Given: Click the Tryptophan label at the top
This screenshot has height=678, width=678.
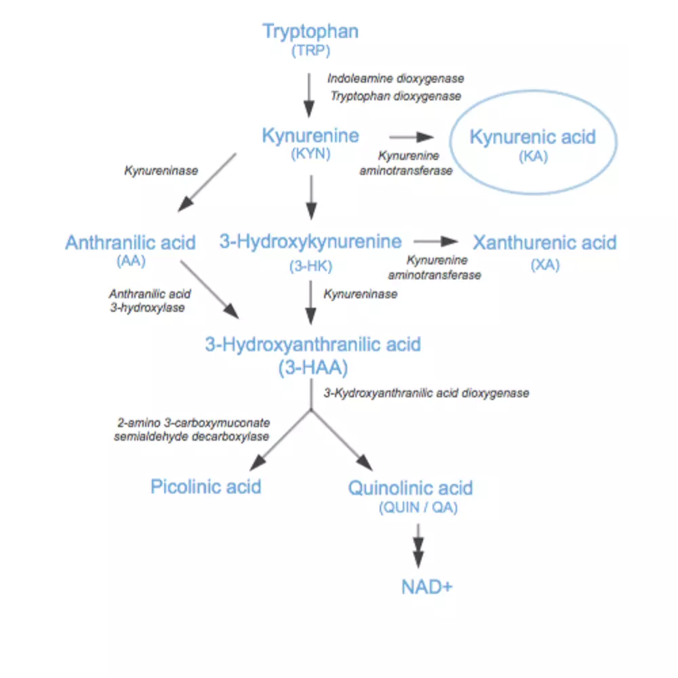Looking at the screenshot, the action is [x=311, y=32].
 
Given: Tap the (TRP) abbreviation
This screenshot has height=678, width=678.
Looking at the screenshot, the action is [x=311, y=51].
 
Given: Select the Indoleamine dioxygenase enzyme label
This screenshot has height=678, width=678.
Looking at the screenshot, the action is [x=396, y=79].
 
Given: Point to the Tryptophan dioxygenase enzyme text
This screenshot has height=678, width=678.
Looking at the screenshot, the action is [x=396, y=96].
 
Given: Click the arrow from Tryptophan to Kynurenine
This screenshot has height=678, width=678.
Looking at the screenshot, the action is [x=308, y=95].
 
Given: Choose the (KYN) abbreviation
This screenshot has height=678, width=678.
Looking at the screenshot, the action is [x=311, y=153].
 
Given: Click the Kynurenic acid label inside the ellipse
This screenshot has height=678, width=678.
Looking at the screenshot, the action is [x=533, y=137].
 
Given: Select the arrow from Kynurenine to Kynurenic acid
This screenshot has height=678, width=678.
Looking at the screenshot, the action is [x=412, y=137].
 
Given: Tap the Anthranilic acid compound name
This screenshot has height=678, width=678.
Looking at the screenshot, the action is [x=131, y=243].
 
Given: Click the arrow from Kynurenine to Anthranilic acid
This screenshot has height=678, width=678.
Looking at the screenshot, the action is [x=207, y=182].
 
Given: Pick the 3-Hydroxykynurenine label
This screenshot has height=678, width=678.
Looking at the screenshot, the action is [x=311, y=242].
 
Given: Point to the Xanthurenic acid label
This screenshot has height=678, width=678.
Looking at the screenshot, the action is [x=545, y=243].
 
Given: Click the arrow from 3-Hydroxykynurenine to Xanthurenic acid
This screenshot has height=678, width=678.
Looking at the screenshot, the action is [x=435, y=241].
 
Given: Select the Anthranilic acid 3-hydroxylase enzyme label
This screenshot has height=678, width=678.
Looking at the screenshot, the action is [x=149, y=301].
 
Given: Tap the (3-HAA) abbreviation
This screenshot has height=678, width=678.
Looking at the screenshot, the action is [x=313, y=367].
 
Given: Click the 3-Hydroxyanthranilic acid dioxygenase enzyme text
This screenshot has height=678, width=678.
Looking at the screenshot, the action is [x=426, y=393].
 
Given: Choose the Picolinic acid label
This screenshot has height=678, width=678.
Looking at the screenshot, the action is [x=206, y=487].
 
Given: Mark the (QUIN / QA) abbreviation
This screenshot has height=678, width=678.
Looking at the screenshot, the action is [x=418, y=507].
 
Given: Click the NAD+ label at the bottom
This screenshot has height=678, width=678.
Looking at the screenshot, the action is [x=426, y=587].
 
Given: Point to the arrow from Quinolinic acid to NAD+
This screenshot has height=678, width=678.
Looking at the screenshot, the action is [x=418, y=546].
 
